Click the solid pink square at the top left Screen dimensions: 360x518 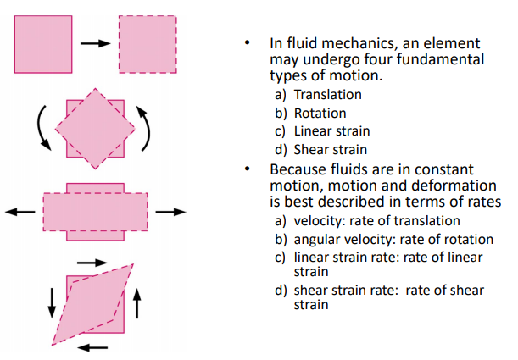(43, 44)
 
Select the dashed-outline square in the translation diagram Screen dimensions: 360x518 (148, 44)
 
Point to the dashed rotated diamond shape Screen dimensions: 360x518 (94, 128)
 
